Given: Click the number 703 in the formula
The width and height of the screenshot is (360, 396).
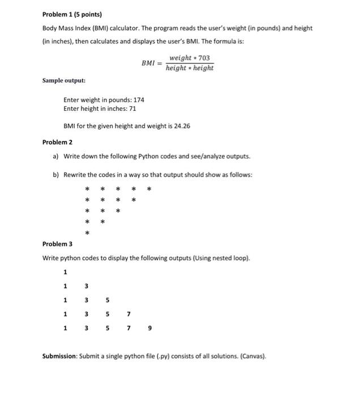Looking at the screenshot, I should pos(209,58).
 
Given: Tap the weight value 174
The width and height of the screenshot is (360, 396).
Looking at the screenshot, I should pos(139,100).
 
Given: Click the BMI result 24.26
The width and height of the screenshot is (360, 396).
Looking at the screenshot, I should pos(182,126).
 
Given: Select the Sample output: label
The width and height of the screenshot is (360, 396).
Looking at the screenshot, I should pos(64,81).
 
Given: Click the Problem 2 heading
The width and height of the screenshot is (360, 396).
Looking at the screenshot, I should pos(57,143).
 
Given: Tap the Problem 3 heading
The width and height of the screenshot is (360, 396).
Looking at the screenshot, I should pos(57,244).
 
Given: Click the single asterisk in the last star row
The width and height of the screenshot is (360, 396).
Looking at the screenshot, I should pos(87,233).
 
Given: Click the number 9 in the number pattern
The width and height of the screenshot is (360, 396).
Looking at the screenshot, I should pos(150,328).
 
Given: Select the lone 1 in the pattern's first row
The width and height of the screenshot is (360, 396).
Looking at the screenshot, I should pos(66,272).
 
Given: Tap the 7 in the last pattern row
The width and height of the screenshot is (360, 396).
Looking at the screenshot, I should pos(128,328).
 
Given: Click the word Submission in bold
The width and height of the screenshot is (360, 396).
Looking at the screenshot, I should pos(61,356).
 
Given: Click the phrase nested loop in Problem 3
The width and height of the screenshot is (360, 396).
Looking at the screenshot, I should pos(229,259).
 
